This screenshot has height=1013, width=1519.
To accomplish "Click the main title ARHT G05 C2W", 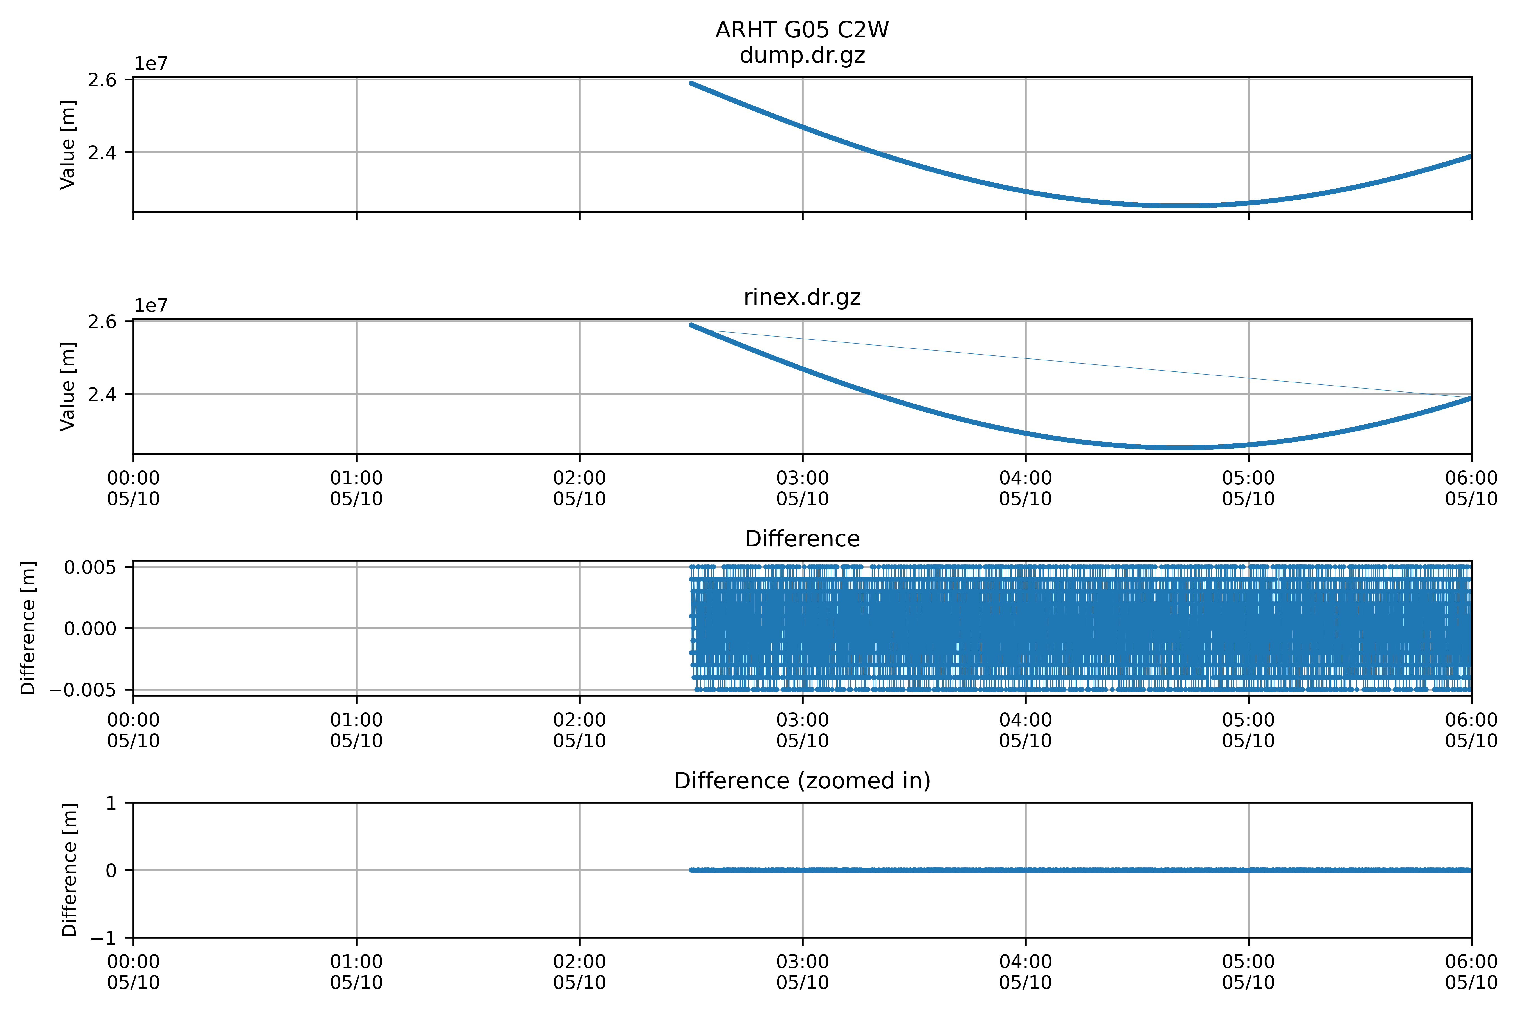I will coord(802,30).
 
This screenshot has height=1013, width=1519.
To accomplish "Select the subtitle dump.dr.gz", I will coord(802,55).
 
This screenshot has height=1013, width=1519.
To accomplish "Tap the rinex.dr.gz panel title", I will coord(802,297).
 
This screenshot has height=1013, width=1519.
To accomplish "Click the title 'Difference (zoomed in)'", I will coord(802,781).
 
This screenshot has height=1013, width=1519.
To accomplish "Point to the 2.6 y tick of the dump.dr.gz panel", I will coord(102,80).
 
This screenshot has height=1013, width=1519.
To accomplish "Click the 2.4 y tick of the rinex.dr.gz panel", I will coord(102,394).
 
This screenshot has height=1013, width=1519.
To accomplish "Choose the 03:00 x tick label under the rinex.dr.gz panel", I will coord(802,488).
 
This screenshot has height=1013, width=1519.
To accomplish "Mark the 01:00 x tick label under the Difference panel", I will coord(356,730).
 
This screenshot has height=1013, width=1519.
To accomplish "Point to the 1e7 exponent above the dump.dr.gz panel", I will coord(150,64).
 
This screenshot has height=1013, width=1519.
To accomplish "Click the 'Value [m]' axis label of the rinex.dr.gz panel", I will coord(68,386).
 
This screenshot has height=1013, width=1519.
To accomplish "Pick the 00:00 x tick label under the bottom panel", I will coord(134,972).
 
